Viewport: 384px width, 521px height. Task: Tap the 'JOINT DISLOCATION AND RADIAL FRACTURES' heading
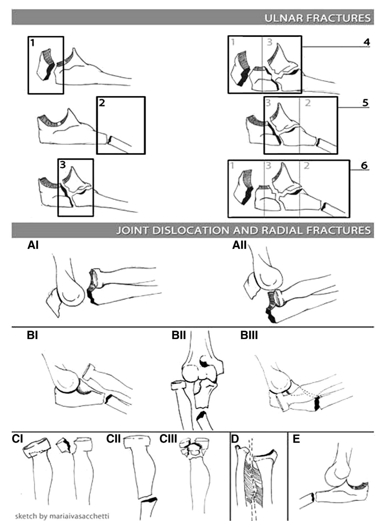point(243,230)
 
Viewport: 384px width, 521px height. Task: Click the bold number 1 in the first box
point(33,43)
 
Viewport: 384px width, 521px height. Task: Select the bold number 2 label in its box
point(102,103)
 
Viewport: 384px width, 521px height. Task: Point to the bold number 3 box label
point(63,165)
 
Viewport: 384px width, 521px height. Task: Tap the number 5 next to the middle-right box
point(365,103)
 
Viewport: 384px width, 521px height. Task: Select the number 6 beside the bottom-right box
point(364,165)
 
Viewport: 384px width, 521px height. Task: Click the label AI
point(33,245)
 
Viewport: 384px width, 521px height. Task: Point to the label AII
point(239,245)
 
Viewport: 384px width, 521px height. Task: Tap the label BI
point(32,335)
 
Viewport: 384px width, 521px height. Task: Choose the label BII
point(178,335)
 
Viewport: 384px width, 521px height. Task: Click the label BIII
point(249,335)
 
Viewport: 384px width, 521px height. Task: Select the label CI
point(17,439)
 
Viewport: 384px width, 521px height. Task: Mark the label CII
point(113,439)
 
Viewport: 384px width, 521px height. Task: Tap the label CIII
point(168,439)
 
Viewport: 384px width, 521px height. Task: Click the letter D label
point(235,439)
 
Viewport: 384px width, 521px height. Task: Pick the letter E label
point(296,439)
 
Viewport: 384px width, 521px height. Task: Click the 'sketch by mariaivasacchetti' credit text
point(62,516)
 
